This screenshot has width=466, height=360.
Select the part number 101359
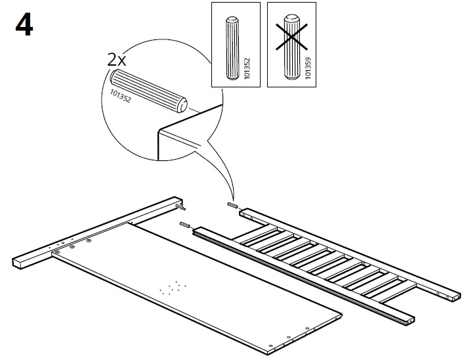[308, 67]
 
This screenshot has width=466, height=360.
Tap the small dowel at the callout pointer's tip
[232, 206]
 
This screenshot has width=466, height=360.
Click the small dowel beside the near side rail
[184, 226]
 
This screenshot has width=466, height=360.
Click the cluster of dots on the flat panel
[173, 287]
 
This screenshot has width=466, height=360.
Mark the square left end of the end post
[21, 262]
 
